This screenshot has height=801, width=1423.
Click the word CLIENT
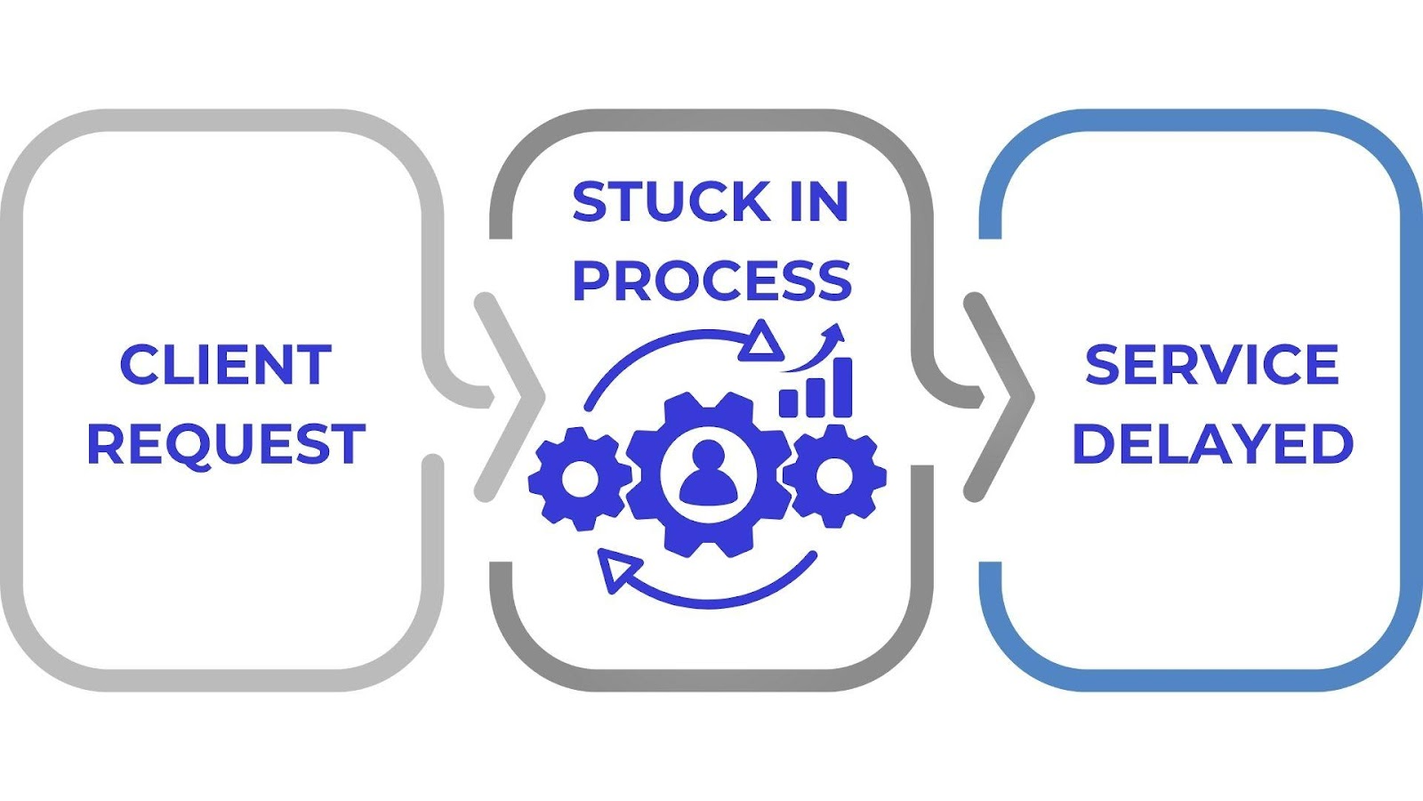(226, 365)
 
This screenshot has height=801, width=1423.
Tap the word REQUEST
(226, 443)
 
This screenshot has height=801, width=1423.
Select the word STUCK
(671, 202)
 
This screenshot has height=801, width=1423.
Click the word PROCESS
(711, 280)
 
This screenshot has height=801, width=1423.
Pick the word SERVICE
(1211, 365)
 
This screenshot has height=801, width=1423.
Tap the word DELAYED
(1212, 443)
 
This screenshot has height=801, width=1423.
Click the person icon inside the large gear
(708, 472)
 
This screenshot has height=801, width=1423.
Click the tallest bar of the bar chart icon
(841, 387)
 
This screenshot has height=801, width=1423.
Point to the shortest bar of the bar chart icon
(789, 402)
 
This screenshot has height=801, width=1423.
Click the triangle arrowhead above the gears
(761, 343)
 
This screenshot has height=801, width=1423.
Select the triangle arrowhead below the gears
(618, 570)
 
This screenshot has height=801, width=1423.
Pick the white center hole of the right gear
(834, 477)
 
